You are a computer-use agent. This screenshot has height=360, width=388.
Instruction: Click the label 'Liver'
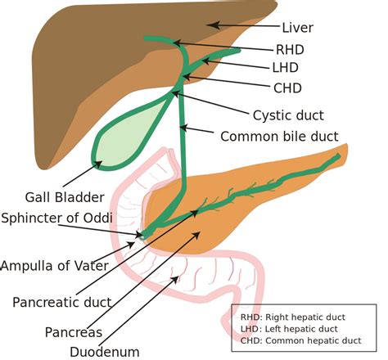[298, 27]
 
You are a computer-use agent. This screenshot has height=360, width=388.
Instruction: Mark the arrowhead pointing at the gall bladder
[101, 163]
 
